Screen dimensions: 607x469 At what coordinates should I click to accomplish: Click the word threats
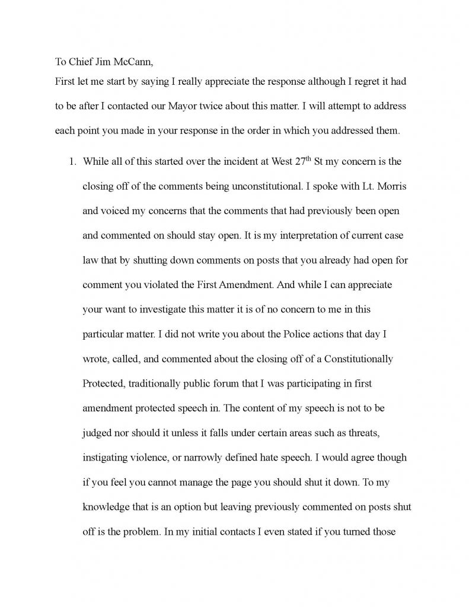pos(369,434)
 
